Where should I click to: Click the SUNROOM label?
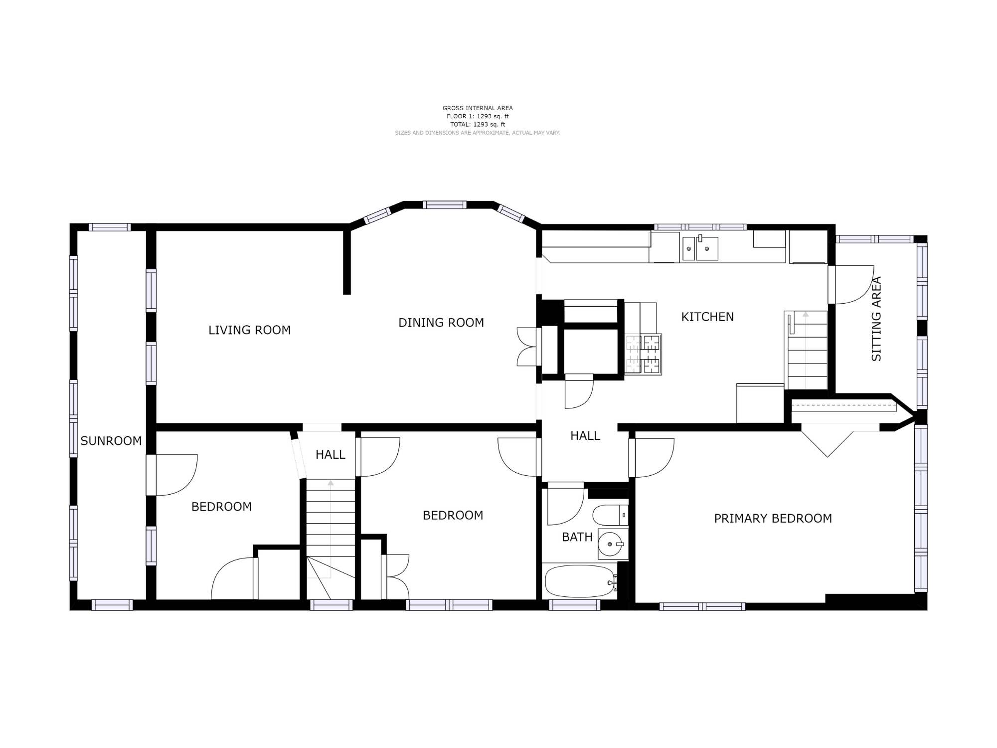point(111,441)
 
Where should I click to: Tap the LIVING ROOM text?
point(249,330)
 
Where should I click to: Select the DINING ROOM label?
point(441,323)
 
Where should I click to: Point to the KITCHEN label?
point(707,317)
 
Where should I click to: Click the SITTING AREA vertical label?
point(876,319)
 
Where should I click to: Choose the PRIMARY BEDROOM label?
point(773,519)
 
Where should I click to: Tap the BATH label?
point(577,537)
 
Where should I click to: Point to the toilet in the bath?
point(611,515)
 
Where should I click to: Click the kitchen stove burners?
point(643,354)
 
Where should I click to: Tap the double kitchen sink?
point(700,248)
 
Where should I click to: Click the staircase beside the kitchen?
point(806,350)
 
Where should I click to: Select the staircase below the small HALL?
point(331,539)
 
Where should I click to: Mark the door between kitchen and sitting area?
point(851,284)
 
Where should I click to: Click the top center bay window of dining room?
point(445,204)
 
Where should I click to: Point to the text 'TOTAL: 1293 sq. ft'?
point(478,124)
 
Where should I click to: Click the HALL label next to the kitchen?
point(585,436)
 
